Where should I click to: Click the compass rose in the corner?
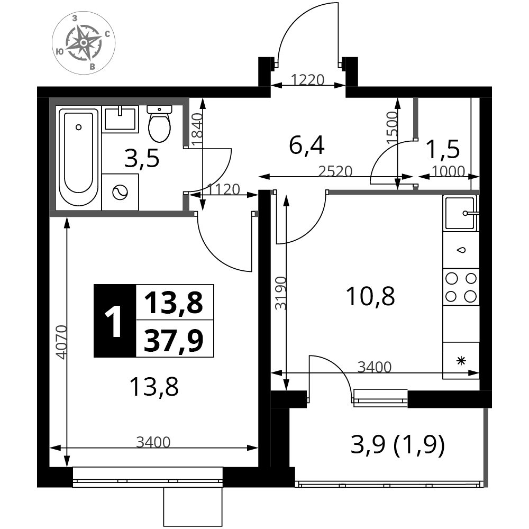pyautogui.click(x=84, y=43)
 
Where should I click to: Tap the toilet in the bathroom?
pyautogui.click(x=159, y=123)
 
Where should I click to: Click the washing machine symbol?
pyautogui.click(x=120, y=193)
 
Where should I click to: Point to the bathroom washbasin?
pyautogui.click(x=120, y=118)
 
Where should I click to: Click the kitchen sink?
pyautogui.click(x=461, y=213)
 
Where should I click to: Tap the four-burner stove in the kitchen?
pyautogui.click(x=461, y=287)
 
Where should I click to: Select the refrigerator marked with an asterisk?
pyautogui.click(x=461, y=361)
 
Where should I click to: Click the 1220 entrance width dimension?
pyautogui.click(x=307, y=80)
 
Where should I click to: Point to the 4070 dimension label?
pyautogui.click(x=62, y=342)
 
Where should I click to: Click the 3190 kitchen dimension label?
pyautogui.click(x=281, y=293)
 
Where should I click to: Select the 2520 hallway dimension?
pyautogui.click(x=335, y=171)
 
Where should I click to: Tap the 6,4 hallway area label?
pyautogui.click(x=307, y=145)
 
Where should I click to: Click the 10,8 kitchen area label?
pyautogui.click(x=370, y=296)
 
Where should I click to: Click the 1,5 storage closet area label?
pyautogui.click(x=443, y=149)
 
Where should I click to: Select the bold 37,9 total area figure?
pyautogui.click(x=174, y=340)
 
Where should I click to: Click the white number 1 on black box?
pyautogui.click(x=114, y=321)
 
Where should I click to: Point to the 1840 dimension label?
pyautogui.click(x=197, y=130)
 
